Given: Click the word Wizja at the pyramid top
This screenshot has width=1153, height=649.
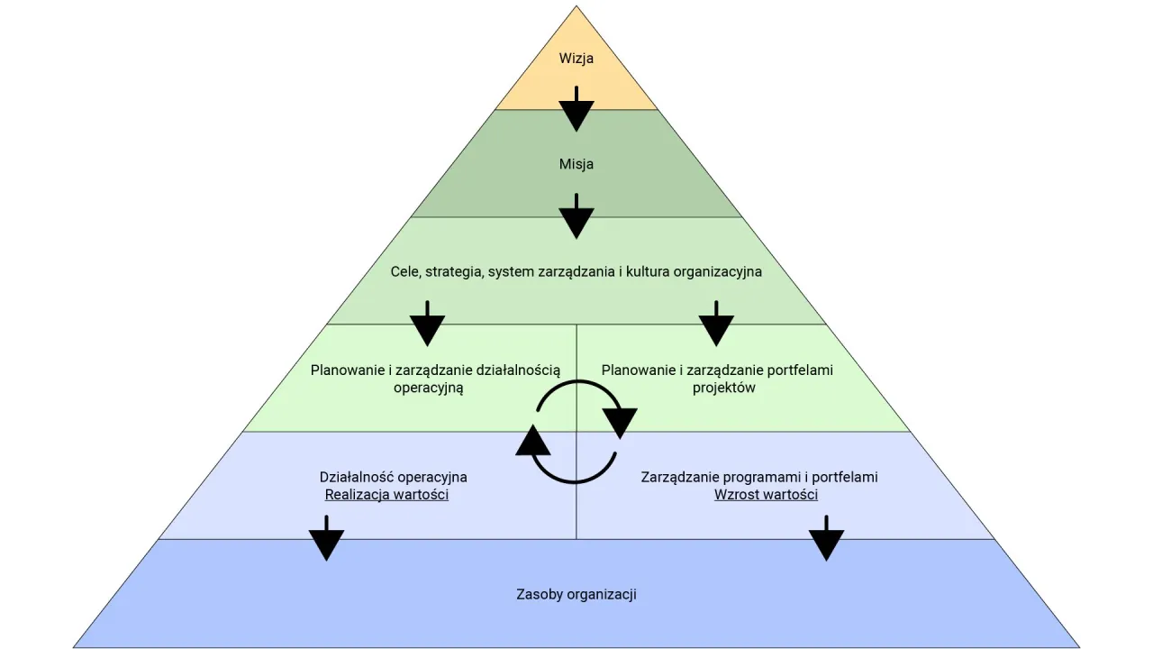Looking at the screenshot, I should click(x=576, y=59).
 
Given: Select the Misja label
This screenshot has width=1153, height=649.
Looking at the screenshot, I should click(x=576, y=164).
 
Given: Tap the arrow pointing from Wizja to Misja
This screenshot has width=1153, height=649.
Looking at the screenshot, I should click(x=576, y=111).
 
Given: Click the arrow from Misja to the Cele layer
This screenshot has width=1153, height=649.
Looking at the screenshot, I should click(x=576, y=217).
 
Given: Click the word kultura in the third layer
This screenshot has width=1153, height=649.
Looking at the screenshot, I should click(x=658, y=271).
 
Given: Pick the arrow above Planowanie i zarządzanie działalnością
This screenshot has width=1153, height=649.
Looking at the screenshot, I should click(x=427, y=324).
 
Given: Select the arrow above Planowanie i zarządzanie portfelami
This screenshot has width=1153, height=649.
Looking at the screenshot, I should click(x=716, y=324).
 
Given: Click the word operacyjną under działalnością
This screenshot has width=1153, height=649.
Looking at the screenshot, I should click(x=428, y=388).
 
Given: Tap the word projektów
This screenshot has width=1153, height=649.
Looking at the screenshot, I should click(x=723, y=388).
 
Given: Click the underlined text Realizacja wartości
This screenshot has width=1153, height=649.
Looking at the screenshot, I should click(x=386, y=495).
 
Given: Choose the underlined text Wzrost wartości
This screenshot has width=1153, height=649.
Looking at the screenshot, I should click(x=766, y=495).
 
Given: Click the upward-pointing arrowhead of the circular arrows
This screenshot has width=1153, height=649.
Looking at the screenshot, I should click(x=533, y=441).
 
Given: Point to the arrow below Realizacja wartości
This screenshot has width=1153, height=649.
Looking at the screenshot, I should click(x=326, y=539).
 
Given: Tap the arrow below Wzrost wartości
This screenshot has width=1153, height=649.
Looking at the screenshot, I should click(x=825, y=539).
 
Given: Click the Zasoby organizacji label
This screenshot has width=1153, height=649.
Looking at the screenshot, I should click(x=576, y=594).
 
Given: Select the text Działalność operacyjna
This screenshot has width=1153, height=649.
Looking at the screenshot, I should click(x=394, y=477).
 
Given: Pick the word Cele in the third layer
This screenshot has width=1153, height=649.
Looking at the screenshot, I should click(x=404, y=271).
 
